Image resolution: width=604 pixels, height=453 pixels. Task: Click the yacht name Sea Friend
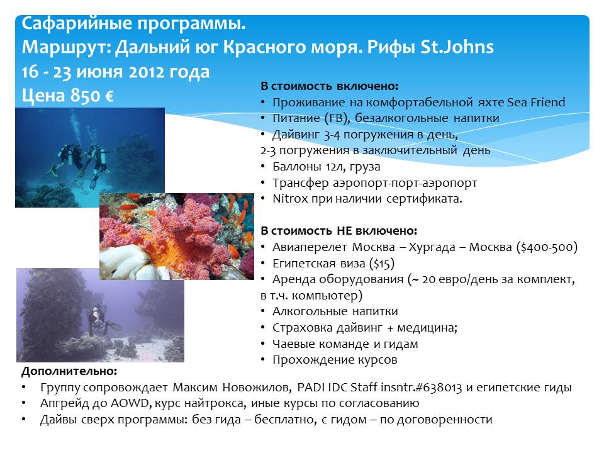pyautogui.click(x=536, y=102)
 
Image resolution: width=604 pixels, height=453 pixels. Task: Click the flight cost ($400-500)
pyautogui.click(x=547, y=247)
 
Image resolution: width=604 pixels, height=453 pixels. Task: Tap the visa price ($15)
pyautogui.click(x=382, y=264)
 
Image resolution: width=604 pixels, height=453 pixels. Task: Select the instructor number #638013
pyautogui.click(x=438, y=387)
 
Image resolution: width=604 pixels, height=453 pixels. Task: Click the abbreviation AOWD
pyautogui.click(x=130, y=403)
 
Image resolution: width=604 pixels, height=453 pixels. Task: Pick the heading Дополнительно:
pyautogui.click(x=69, y=371)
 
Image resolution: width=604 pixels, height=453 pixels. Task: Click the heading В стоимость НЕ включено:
pyautogui.click(x=339, y=231)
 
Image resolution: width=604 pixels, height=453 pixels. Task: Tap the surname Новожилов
pyautogui.click(x=257, y=387)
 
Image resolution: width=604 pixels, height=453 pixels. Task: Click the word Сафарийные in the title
pyautogui.click(x=77, y=24)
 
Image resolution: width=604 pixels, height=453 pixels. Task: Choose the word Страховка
pyautogui.click(x=303, y=327)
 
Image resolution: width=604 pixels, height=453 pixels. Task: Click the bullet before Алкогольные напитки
pyautogui.click(x=263, y=311)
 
